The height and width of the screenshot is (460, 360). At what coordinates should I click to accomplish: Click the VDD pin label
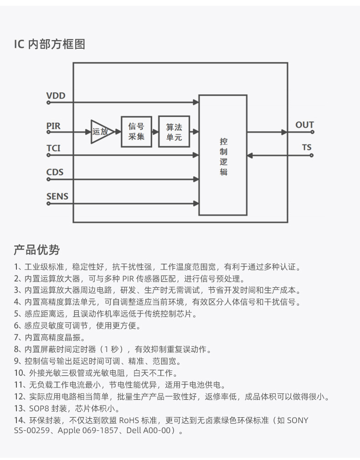(56, 96)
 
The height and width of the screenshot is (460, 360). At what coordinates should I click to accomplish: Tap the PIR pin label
(53, 126)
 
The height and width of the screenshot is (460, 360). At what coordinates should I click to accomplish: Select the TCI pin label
(53, 148)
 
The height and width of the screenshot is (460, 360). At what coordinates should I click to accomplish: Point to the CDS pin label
(55, 172)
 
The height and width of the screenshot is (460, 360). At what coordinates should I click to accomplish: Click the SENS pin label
(57, 196)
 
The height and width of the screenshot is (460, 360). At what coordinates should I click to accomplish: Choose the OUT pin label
(304, 125)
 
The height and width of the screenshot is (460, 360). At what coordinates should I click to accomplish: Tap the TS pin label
(307, 147)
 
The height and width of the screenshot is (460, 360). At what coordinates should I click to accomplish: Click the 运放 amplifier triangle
(101, 132)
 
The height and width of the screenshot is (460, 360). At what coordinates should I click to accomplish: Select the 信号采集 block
(137, 132)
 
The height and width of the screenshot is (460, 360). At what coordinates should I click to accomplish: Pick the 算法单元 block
(174, 132)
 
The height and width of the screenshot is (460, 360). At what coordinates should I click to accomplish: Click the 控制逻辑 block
(223, 155)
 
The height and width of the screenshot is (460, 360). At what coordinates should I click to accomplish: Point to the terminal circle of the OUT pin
(313, 132)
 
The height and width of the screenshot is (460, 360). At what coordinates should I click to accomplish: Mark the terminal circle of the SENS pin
(48, 204)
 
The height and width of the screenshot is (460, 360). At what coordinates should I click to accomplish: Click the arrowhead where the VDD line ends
(196, 102)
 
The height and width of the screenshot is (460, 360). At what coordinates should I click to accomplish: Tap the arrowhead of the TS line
(250, 155)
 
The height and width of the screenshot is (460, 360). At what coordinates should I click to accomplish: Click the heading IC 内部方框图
(50, 44)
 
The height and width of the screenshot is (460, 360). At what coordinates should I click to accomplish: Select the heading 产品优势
(37, 250)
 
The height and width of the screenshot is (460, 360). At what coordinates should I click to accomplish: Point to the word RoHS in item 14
(129, 420)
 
